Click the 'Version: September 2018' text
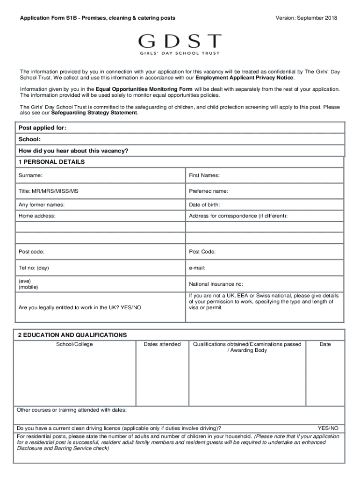[306, 18]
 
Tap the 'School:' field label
[29, 139]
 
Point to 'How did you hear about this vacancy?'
[73, 151]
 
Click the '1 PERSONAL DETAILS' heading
[51, 162]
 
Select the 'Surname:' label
[30, 175]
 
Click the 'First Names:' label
[204, 175]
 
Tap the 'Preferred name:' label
[209, 191]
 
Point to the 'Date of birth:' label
[204, 204]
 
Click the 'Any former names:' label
[42, 204]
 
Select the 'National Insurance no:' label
[216, 284]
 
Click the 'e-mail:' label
[197, 268]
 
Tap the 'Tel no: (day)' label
[34, 268]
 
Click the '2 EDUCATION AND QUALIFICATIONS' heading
[72, 335]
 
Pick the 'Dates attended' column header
[162, 344]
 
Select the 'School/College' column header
[74, 344]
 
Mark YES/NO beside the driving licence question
[328, 428]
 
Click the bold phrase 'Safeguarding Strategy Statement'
[94, 113]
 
